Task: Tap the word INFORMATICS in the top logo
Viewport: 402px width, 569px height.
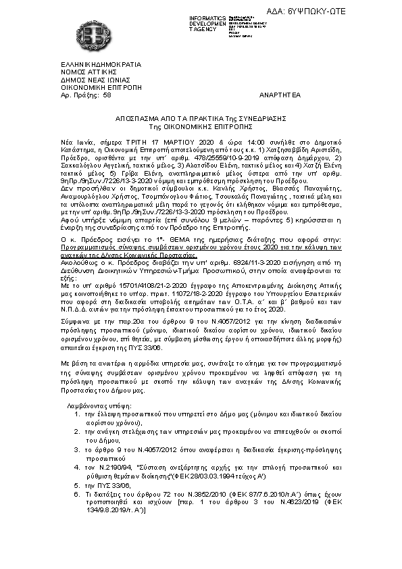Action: tap(207, 16)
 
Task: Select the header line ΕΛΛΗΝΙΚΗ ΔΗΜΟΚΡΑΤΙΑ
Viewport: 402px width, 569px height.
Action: tap(101, 64)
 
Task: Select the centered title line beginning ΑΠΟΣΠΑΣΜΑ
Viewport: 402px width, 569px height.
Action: tap(201, 118)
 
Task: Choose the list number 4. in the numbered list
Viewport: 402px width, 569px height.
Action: tap(77, 466)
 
